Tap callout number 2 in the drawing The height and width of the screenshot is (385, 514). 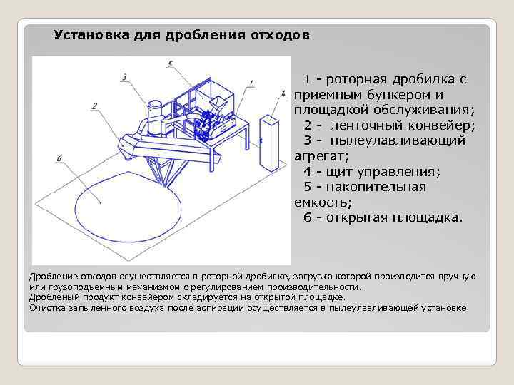coord(94,106)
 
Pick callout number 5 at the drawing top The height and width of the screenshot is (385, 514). coord(170,64)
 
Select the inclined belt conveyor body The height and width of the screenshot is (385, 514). coord(171,146)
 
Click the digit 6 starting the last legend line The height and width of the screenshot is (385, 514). coord(308,217)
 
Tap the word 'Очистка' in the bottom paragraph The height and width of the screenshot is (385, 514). coord(47,308)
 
